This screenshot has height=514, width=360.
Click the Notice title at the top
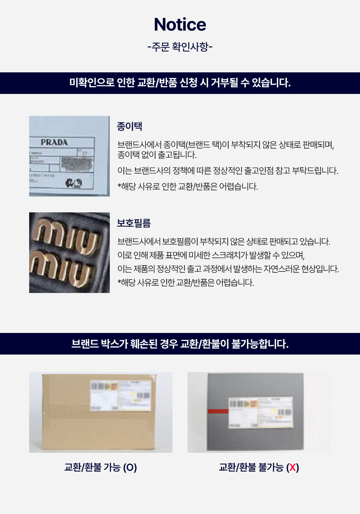tap(180, 24)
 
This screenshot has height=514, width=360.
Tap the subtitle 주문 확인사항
tap(180, 47)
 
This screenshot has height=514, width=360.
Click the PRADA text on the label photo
tap(54, 142)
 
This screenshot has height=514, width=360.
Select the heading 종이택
tap(130, 126)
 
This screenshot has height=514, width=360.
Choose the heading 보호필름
tap(134, 223)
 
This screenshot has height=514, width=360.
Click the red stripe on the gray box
tap(218, 411)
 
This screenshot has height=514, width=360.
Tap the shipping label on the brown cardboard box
tap(120, 395)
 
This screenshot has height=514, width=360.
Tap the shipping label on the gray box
tap(261, 412)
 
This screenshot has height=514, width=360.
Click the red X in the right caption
tap(293, 468)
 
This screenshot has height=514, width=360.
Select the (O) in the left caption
tap(130, 468)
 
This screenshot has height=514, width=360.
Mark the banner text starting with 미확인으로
tap(180, 83)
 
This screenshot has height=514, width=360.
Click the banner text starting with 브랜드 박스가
tap(180, 344)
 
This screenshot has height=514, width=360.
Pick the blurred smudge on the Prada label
tap(76, 163)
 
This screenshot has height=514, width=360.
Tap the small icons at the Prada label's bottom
tap(73, 183)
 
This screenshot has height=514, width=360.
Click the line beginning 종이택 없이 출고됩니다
tap(157, 155)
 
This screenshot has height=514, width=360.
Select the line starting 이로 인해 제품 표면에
tap(211, 255)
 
